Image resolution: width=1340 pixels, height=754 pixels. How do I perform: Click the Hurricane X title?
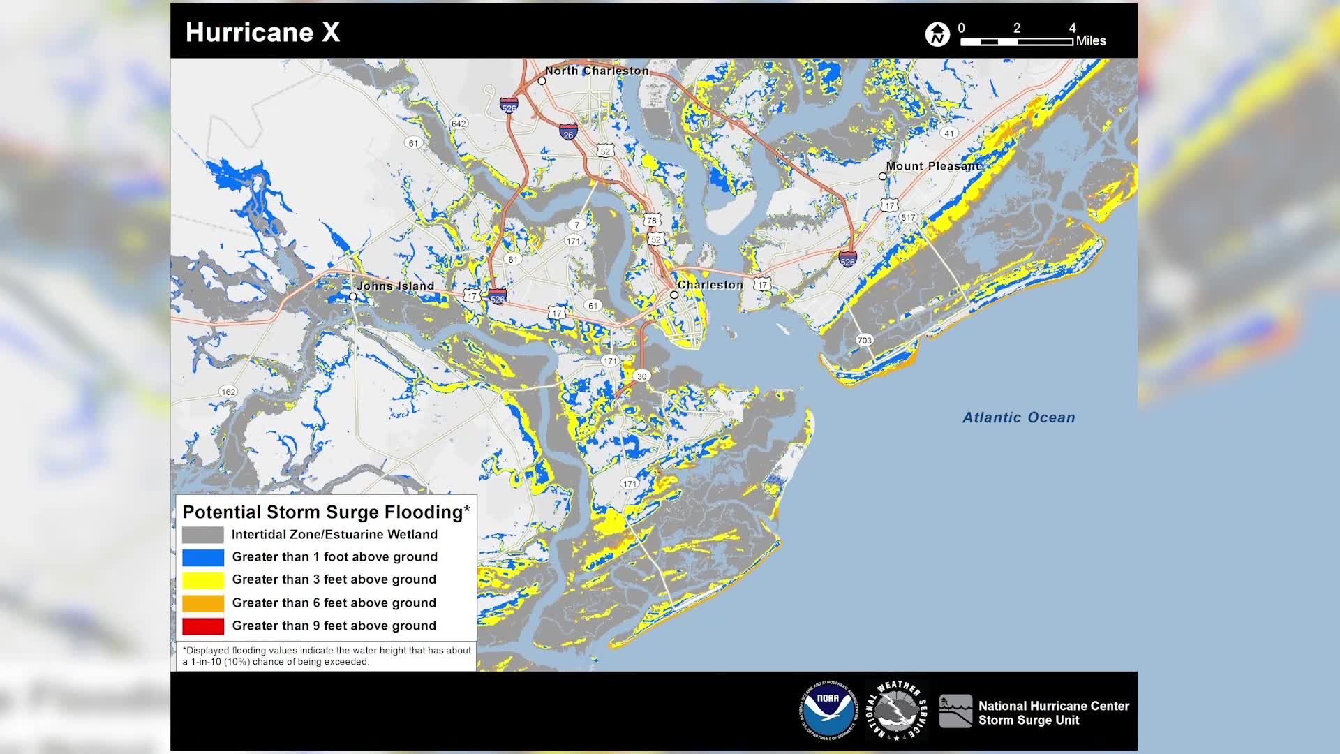click(262, 32)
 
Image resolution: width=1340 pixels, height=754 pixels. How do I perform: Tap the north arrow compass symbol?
click(937, 34)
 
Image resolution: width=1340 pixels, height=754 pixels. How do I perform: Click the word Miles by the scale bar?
click(1090, 41)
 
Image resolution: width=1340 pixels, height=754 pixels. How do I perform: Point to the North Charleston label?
click(597, 71)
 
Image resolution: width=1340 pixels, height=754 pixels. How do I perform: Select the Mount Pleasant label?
click(932, 166)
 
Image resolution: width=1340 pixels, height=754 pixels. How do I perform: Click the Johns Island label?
click(395, 286)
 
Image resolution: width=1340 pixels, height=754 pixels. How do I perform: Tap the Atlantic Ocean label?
click(1018, 417)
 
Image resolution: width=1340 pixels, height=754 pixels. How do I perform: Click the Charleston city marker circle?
click(674, 295)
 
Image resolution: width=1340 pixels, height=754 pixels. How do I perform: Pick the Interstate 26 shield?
click(568, 133)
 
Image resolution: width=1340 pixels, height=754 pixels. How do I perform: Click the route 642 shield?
click(459, 124)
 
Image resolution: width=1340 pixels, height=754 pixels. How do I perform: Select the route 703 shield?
click(864, 340)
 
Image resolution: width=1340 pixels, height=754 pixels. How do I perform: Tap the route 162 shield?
click(228, 392)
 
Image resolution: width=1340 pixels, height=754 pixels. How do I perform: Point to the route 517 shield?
click(908, 217)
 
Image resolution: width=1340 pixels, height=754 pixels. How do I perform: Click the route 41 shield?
click(948, 133)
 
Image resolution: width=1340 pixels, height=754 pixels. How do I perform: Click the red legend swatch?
click(203, 626)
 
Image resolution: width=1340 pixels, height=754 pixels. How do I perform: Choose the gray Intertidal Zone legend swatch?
click(203, 535)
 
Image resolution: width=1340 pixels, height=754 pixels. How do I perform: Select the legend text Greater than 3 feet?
click(334, 579)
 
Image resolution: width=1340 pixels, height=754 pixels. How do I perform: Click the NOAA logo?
click(828, 710)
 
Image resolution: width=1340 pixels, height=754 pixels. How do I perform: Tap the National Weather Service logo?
click(896, 710)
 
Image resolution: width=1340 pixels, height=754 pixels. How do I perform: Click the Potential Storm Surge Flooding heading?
click(326, 512)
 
